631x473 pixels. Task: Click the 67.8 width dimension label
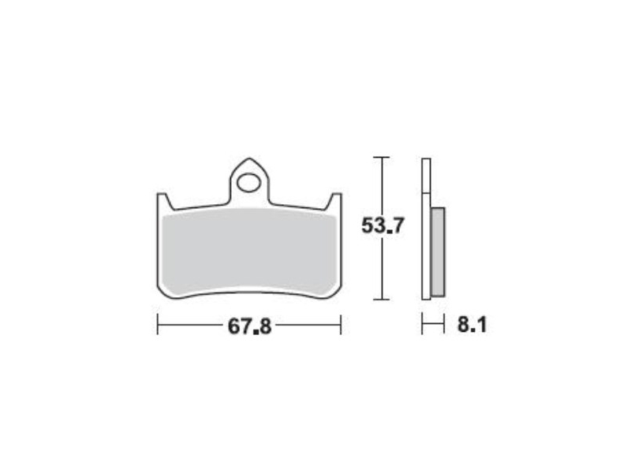pos(249,326)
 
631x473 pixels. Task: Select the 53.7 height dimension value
pos(382,225)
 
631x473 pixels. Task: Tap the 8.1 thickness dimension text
pos(472,325)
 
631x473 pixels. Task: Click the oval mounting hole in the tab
pos(249,183)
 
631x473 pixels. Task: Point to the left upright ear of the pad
pos(165,202)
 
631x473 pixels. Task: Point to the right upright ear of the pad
pos(334,202)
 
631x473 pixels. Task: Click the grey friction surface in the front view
pos(249,251)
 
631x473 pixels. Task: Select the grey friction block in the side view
pos(438,252)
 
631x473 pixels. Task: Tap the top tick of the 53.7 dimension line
pos(382,157)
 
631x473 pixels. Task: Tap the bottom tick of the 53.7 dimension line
pos(382,300)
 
